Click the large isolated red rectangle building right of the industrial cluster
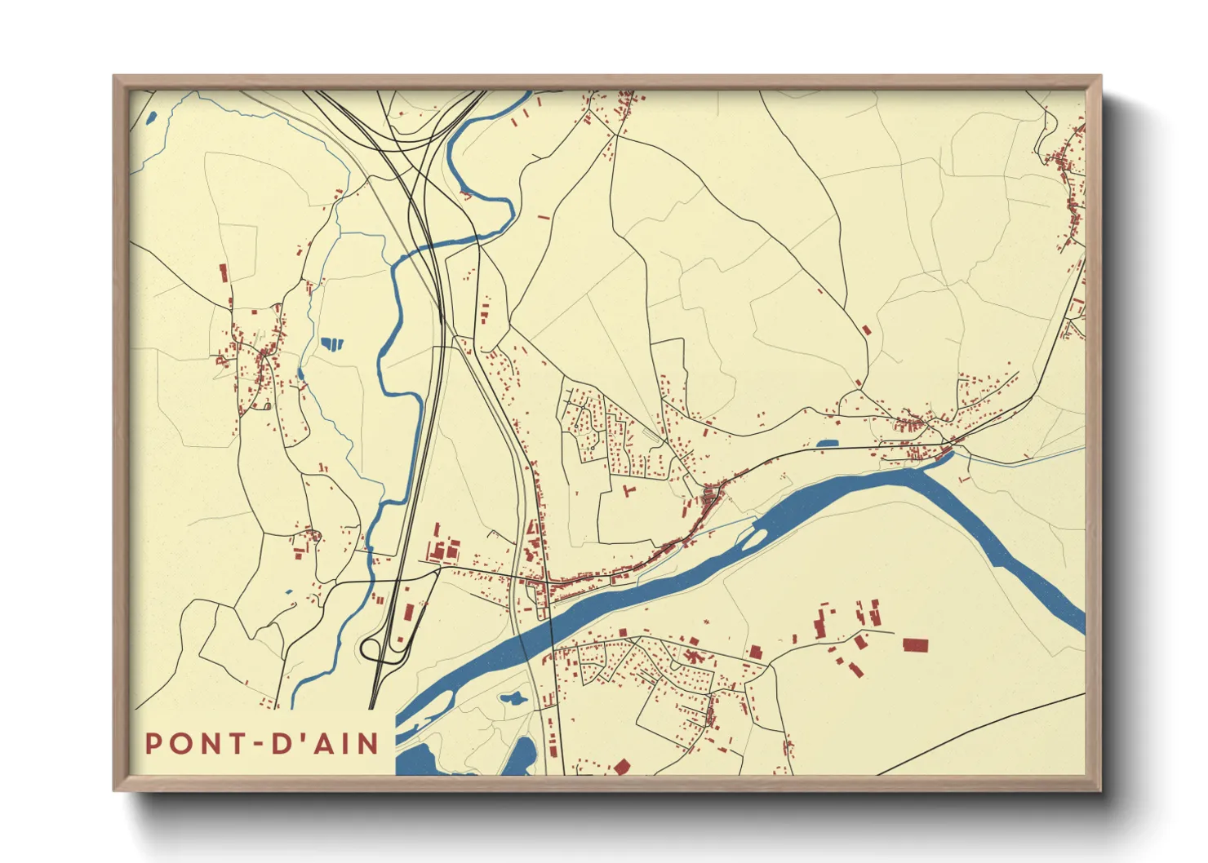915,645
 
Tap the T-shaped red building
628,491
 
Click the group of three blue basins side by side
331,343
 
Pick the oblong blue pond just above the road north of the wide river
827,445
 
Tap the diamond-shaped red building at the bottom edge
622,767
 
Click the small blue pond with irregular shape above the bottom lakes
513,699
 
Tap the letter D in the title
280,744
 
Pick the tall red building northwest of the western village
223,272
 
